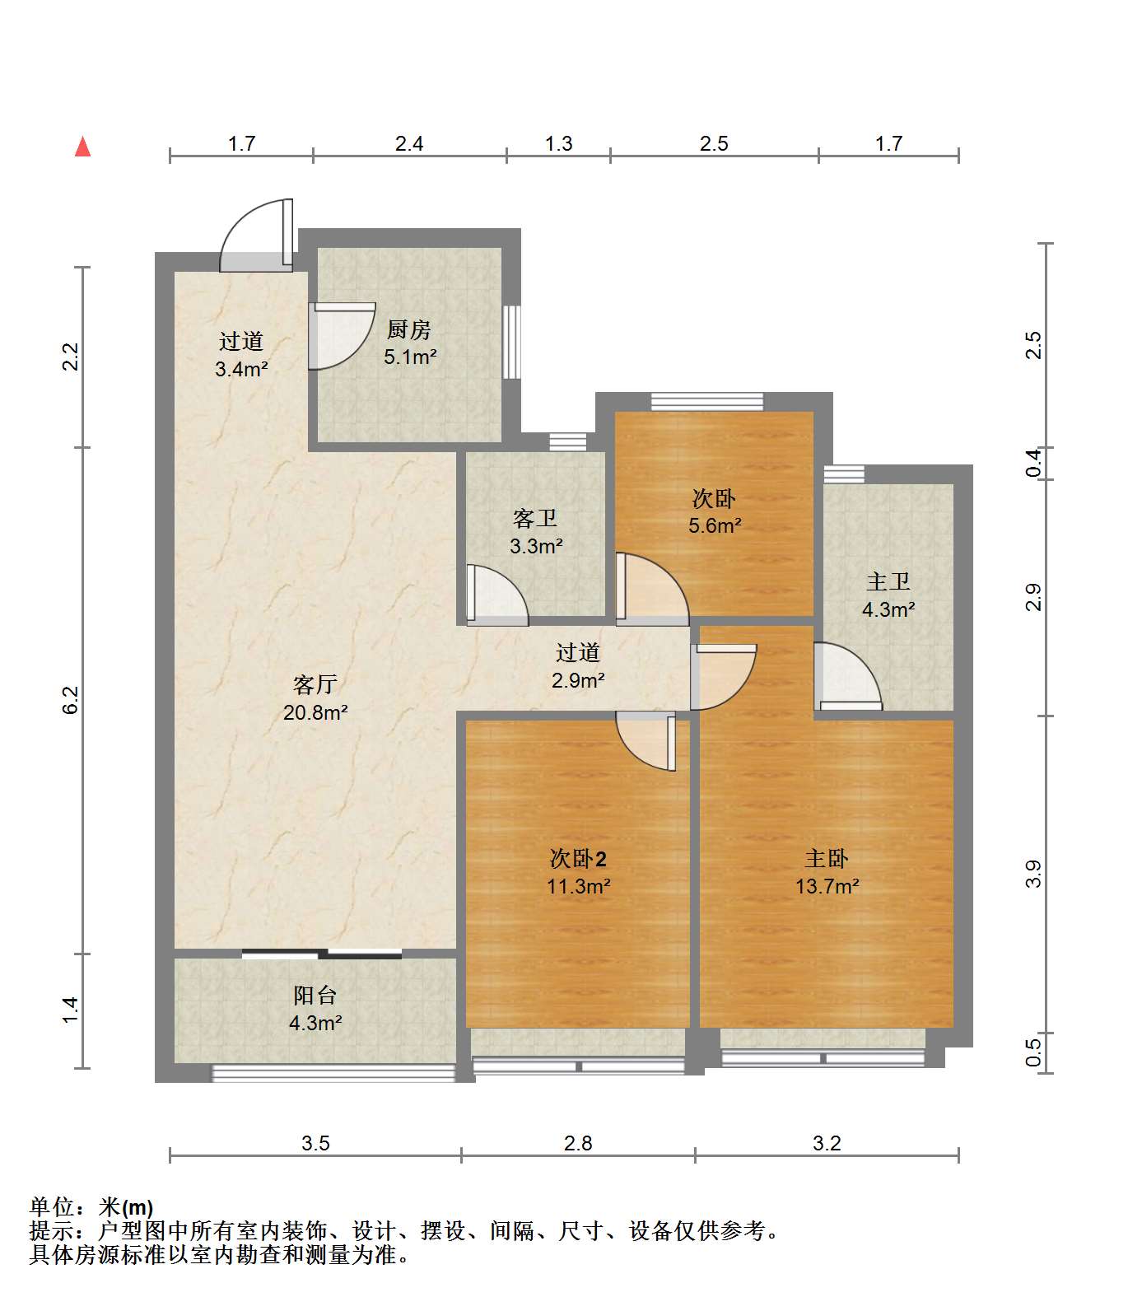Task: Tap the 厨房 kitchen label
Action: [x=409, y=329]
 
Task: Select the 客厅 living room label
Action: [x=315, y=684]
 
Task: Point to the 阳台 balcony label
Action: [x=315, y=995]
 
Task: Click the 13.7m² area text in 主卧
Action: [x=827, y=886]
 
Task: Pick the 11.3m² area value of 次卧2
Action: [x=579, y=886]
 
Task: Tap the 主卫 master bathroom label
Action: [x=888, y=581]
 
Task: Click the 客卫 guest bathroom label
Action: [x=535, y=518]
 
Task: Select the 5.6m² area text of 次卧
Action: [x=715, y=525]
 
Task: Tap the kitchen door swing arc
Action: [x=342, y=336]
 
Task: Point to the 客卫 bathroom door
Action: [x=496, y=594]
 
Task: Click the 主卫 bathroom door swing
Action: [x=847, y=675]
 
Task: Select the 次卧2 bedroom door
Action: [x=646, y=741]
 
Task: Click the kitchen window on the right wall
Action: [x=512, y=342]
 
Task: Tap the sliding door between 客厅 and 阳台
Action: [x=322, y=954]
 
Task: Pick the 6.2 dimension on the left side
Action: [x=71, y=700]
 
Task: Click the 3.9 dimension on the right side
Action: [x=1034, y=874]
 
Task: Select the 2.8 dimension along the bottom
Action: [x=578, y=1143]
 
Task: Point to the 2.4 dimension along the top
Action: [x=409, y=143]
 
